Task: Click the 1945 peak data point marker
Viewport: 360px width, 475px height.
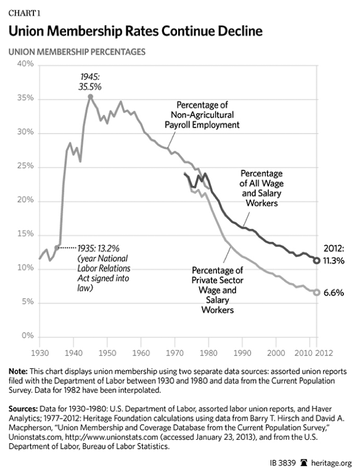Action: (90, 96)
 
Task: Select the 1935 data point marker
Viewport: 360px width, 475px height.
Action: (57, 247)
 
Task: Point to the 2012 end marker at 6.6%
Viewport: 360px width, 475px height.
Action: (316, 292)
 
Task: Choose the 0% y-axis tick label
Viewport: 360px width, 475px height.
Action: (26, 337)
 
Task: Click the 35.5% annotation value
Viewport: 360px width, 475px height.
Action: (90, 86)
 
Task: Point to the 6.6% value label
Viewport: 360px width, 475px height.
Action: (338, 293)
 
